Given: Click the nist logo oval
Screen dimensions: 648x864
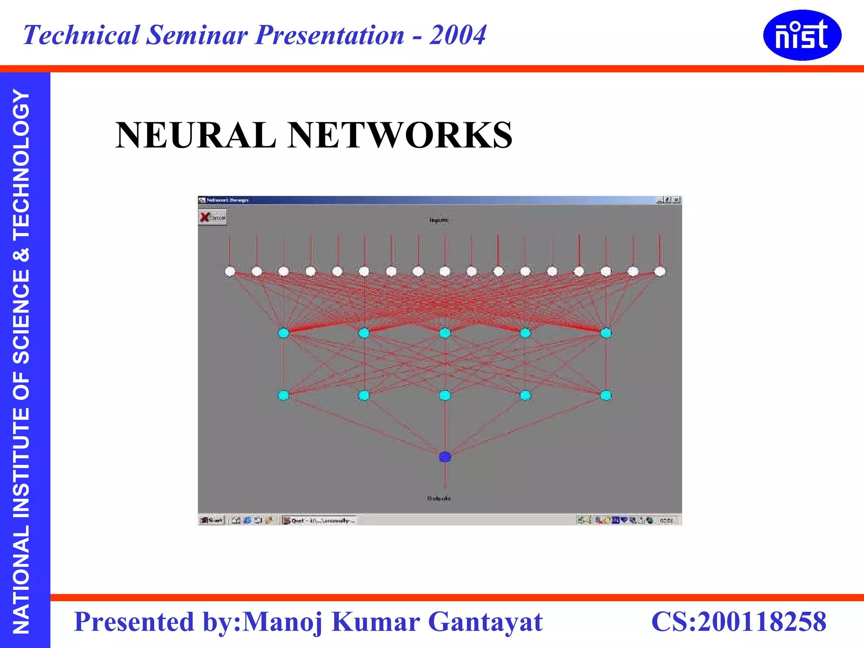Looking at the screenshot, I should pos(802,35).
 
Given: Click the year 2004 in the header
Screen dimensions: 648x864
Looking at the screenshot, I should pos(458,35).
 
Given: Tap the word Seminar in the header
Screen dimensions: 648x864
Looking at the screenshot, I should pos(197,35).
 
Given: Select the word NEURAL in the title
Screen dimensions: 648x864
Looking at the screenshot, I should pos(195,135).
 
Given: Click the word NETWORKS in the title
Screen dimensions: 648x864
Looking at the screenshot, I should pos(400,135).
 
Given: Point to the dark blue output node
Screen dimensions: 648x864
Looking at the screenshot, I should pos(445,457).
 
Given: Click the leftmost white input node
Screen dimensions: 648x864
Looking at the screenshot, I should pos(230,271).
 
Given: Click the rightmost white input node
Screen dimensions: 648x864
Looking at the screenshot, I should pos(660,271).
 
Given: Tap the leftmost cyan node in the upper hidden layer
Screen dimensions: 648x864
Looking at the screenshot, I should pos(283,333).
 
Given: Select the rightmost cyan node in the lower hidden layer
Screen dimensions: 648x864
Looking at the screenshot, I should pos(606,395).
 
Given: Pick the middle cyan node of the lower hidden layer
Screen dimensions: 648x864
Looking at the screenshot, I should pos(445,395).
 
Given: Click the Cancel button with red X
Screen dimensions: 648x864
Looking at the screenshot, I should pos(213,218).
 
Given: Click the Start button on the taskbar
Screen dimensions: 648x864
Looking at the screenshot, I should pos(212,521).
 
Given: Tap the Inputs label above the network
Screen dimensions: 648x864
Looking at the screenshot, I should pos(439,220).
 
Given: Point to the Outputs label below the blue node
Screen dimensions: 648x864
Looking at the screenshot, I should pos(439,498).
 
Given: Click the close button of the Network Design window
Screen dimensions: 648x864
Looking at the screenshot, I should pos(677,200).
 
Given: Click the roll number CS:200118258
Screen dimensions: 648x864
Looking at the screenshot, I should pos(739,621).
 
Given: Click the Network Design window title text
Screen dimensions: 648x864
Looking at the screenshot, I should pos(227,200).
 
